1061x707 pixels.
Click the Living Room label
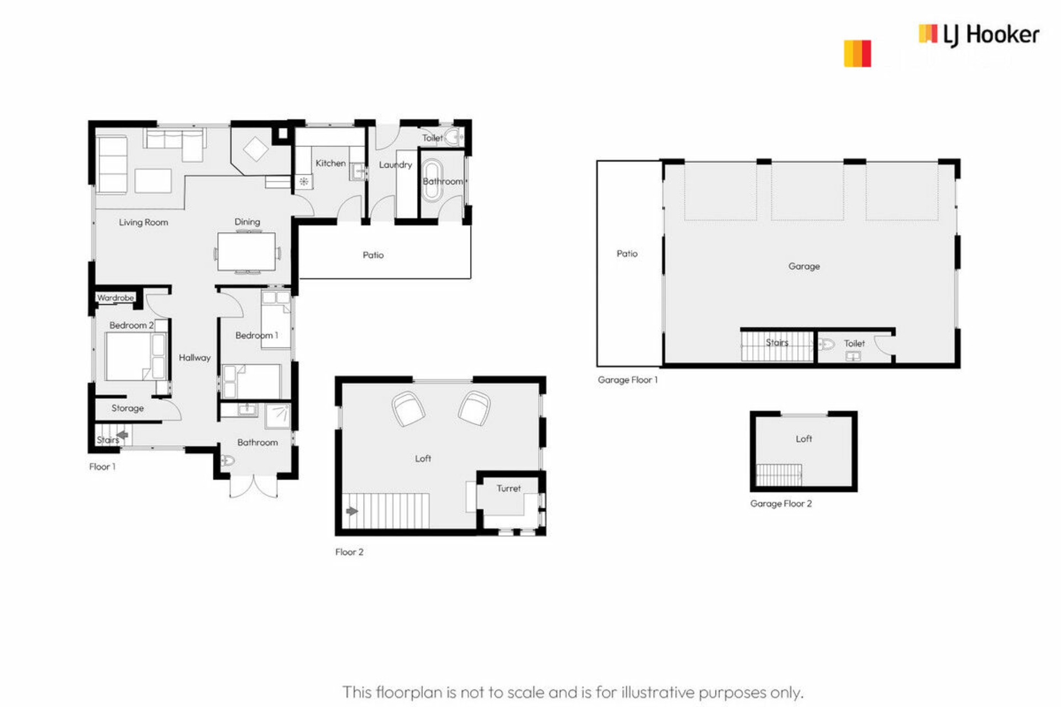tap(144, 223)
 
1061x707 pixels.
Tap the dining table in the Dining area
tap(246, 252)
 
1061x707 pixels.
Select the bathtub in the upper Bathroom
tap(432, 180)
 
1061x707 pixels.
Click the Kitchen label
tap(330, 163)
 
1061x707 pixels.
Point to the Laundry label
tap(396, 165)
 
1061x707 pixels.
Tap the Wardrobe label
tap(115, 298)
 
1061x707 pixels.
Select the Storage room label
tap(128, 408)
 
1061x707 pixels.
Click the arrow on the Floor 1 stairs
tap(123, 435)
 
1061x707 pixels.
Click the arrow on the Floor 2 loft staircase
tap(352, 511)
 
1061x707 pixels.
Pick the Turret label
tap(508, 488)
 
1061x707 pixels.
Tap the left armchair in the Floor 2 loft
tap(408, 409)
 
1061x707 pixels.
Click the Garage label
tap(804, 266)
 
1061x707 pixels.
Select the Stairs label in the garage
tap(777, 342)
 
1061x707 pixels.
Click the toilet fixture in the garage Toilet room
tap(826, 345)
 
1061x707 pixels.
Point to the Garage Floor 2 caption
tap(781, 504)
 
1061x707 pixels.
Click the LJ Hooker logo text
tap(991, 35)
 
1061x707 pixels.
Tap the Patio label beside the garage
tap(627, 254)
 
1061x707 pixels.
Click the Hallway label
tap(195, 358)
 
